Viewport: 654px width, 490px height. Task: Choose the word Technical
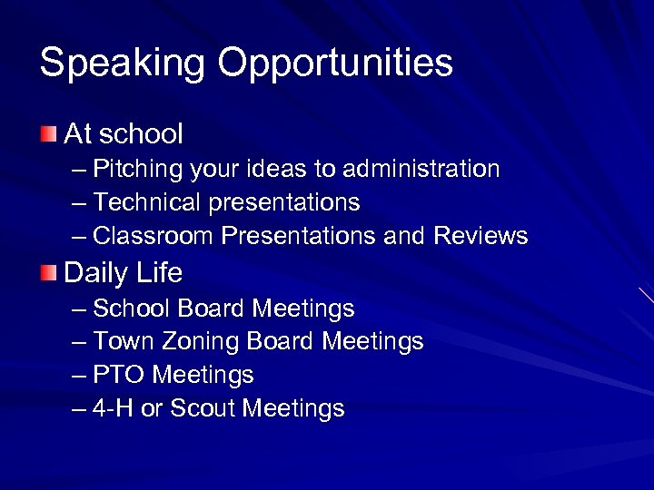click(x=148, y=202)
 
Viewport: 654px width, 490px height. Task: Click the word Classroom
click(x=154, y=236)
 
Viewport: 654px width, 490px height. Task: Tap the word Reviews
click(x=481, y=236)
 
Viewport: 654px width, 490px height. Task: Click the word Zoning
click(x=193, y=342)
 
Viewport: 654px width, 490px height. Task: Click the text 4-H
click(x=114, y=408)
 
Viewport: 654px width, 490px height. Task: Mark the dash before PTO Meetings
click(x=79, y=375)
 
